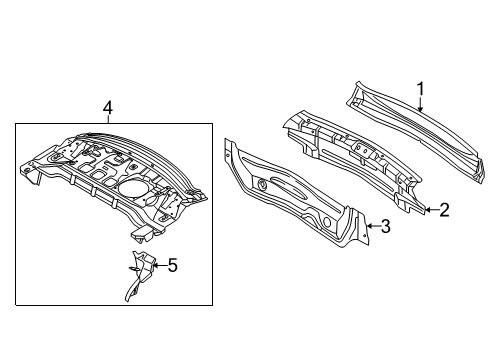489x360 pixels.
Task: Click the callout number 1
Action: pos(421,89)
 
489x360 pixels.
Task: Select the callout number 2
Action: pos(444,210)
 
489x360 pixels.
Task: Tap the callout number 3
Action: pos(385,226)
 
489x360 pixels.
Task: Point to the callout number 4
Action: pos(108,109)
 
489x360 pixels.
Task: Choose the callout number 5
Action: pos(173,265)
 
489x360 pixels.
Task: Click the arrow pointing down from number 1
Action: pos(420,104)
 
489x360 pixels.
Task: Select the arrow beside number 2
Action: pos(432,210)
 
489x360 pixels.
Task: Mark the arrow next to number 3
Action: pos(373,226)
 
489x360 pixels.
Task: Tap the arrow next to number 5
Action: pos(160,265)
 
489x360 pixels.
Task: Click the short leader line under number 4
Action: pos(108,120)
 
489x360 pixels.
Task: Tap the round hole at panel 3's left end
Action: pos(262,183)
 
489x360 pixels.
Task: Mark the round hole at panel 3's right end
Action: pos(326,222)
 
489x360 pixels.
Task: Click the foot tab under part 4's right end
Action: pos(142,235)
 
